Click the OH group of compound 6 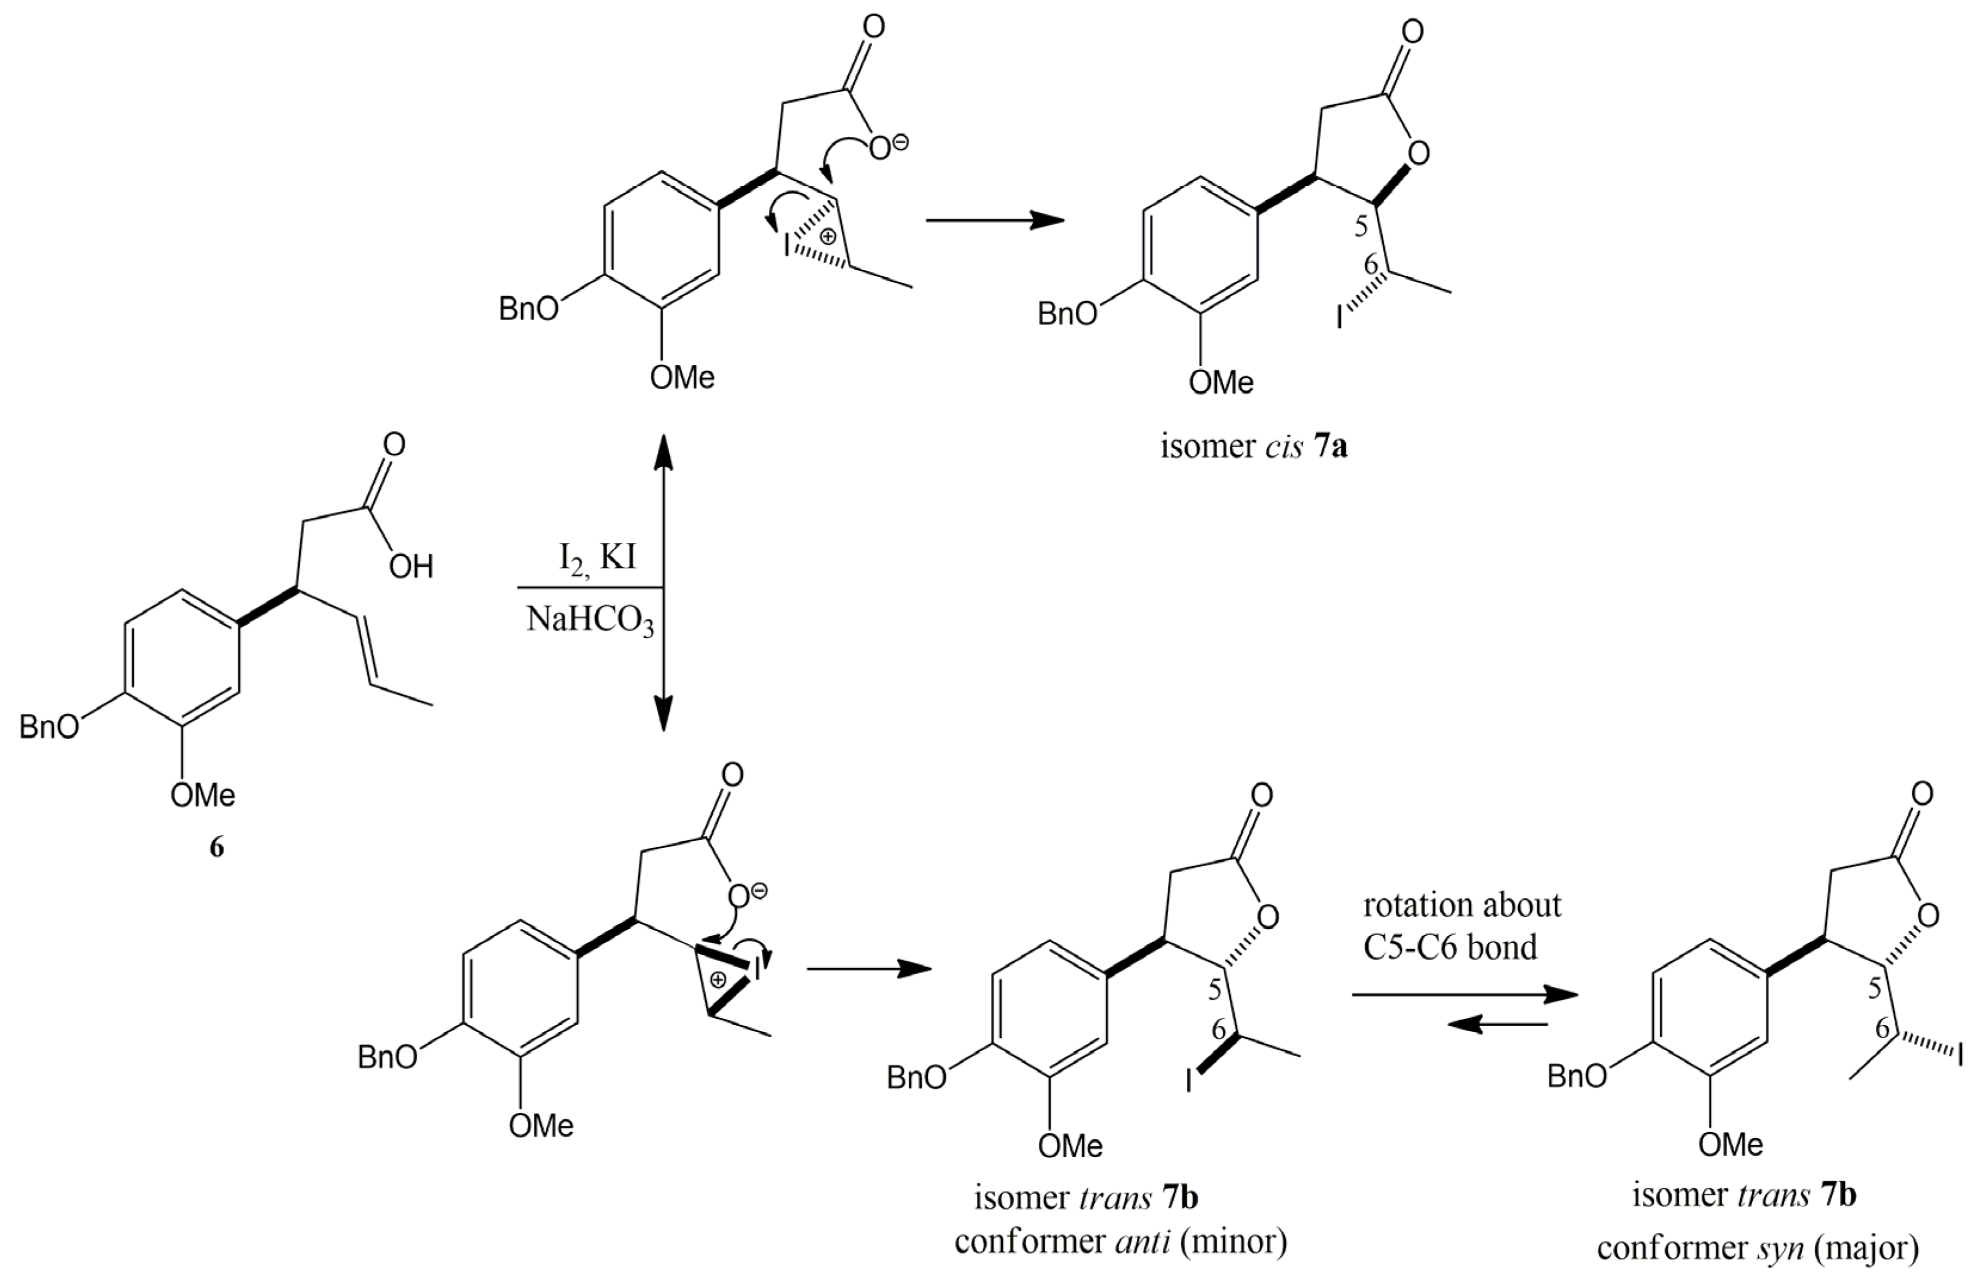tap(411, 567)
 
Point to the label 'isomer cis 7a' tap(1254, 447)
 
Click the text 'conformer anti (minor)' tap(1120, 1242)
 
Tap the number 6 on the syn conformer tap(1882, 1029)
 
